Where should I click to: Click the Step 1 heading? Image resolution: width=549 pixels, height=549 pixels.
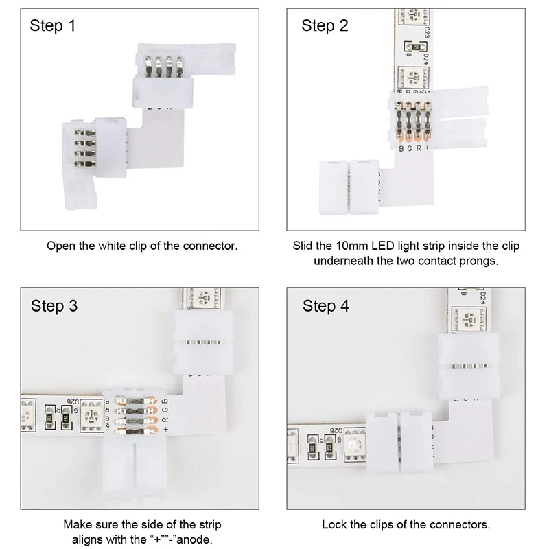click(x=52, y=26)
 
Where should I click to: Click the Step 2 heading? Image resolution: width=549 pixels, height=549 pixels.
click(x=325, y=26)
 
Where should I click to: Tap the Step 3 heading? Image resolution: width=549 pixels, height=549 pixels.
click(x=54, y=306)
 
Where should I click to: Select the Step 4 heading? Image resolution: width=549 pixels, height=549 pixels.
click(x=326, y=306)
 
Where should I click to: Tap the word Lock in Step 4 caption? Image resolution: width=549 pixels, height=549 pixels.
click(x=334, y=525)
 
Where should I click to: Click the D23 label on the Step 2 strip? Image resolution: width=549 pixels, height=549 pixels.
click(x=427, y=31)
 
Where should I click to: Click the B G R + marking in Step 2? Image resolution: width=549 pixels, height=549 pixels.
click(x=413, y=147)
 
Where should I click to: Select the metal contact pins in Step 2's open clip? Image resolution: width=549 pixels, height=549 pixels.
click(x=413, y=120)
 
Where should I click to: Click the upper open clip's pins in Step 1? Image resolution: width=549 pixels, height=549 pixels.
click(x=163, y=67)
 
